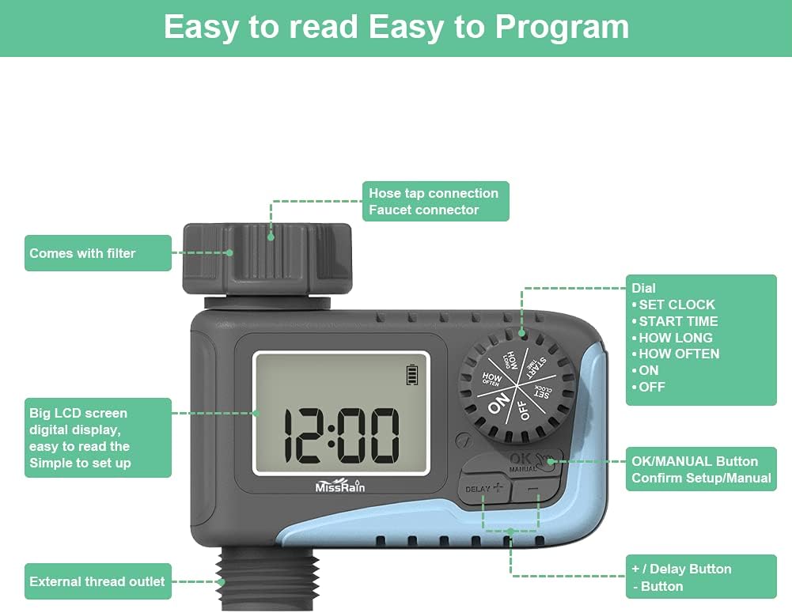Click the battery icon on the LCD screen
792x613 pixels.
tap(412, 374)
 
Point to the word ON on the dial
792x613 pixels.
tap(498, 404)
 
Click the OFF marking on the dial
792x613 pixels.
tap(523, 409)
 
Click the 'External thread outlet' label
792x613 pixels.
tap(97, 581)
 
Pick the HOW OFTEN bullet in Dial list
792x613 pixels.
tap(680, 354)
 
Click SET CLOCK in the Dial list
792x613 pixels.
tap(676, 305)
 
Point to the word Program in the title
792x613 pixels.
tap(562, 27)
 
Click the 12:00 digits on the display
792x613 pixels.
tap(341, 436)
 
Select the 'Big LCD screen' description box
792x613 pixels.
tap(97, 437)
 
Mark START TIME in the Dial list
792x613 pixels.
tap(678, 321)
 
